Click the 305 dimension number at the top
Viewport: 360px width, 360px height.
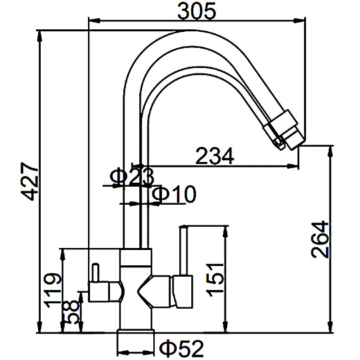[197, 11]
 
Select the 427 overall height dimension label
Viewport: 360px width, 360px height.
[29, 181]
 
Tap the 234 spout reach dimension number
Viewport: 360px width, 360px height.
[215, 156]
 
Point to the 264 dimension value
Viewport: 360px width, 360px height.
[320, 239]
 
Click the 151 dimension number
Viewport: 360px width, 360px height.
[215, 280]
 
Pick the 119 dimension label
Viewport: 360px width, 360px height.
[53, 290]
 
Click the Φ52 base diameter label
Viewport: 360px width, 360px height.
[181, 348]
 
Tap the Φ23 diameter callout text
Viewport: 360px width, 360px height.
[131, 177]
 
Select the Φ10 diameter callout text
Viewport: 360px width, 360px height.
[174, 194]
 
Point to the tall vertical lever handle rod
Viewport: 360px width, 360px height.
[183, 250]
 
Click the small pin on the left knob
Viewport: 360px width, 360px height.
[95, 273]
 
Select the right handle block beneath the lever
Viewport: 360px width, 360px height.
[183, 291]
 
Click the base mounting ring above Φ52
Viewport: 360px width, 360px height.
[135, 332]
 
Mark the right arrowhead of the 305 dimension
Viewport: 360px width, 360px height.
[300, 21]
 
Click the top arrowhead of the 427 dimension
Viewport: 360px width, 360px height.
[39, 36]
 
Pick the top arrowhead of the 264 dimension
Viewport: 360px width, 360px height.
[331, 151]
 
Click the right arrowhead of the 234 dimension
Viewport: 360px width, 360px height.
[293, 166]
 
